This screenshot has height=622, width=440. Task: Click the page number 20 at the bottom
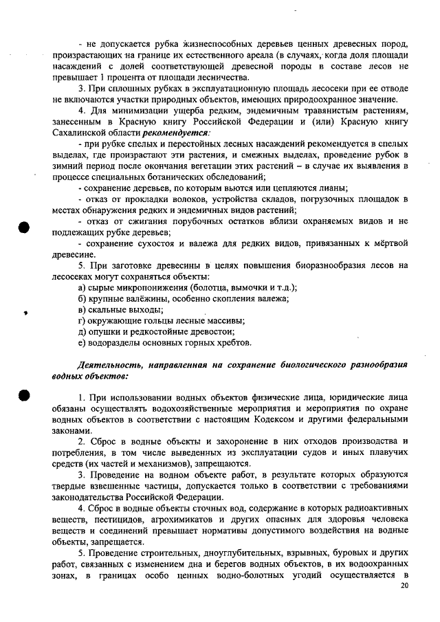tap(404, 585)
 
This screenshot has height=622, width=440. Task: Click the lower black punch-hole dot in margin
tap(25, 398)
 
